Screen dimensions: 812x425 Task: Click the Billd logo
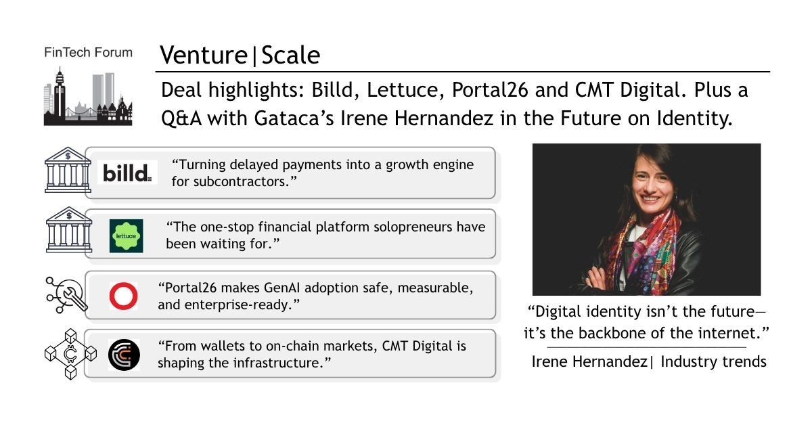pyautogui.click(x=127, y=173)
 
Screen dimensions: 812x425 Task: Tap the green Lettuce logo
pyautogui.click(x=126, y=236)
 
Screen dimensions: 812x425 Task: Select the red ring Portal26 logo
pyautogui.click(x=123, y=296)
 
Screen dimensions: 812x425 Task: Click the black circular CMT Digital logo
pyautogui.click(x=124, y=355)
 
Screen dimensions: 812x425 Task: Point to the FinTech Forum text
pyautogui.click(x=88, y=53)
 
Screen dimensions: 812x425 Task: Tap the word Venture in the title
pyautogui.click(x=204, y=55)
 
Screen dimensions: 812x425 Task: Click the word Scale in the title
pyautogui.click(x=291, y=55)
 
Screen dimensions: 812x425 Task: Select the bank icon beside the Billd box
pyautogui.click(x=68, y=170)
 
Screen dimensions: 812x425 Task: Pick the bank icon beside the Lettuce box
pyautogui.click(x=69, y=229)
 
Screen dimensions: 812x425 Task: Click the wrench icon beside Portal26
pyautogui.click(x=67, y=295)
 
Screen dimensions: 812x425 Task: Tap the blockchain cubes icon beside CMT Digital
pyautogui.click(x=70, y=354)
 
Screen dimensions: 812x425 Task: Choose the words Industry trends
pyautogui.click(x=713, y=361)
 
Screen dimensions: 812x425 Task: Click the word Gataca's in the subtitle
pyautogui.click(x=294, y=118)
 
